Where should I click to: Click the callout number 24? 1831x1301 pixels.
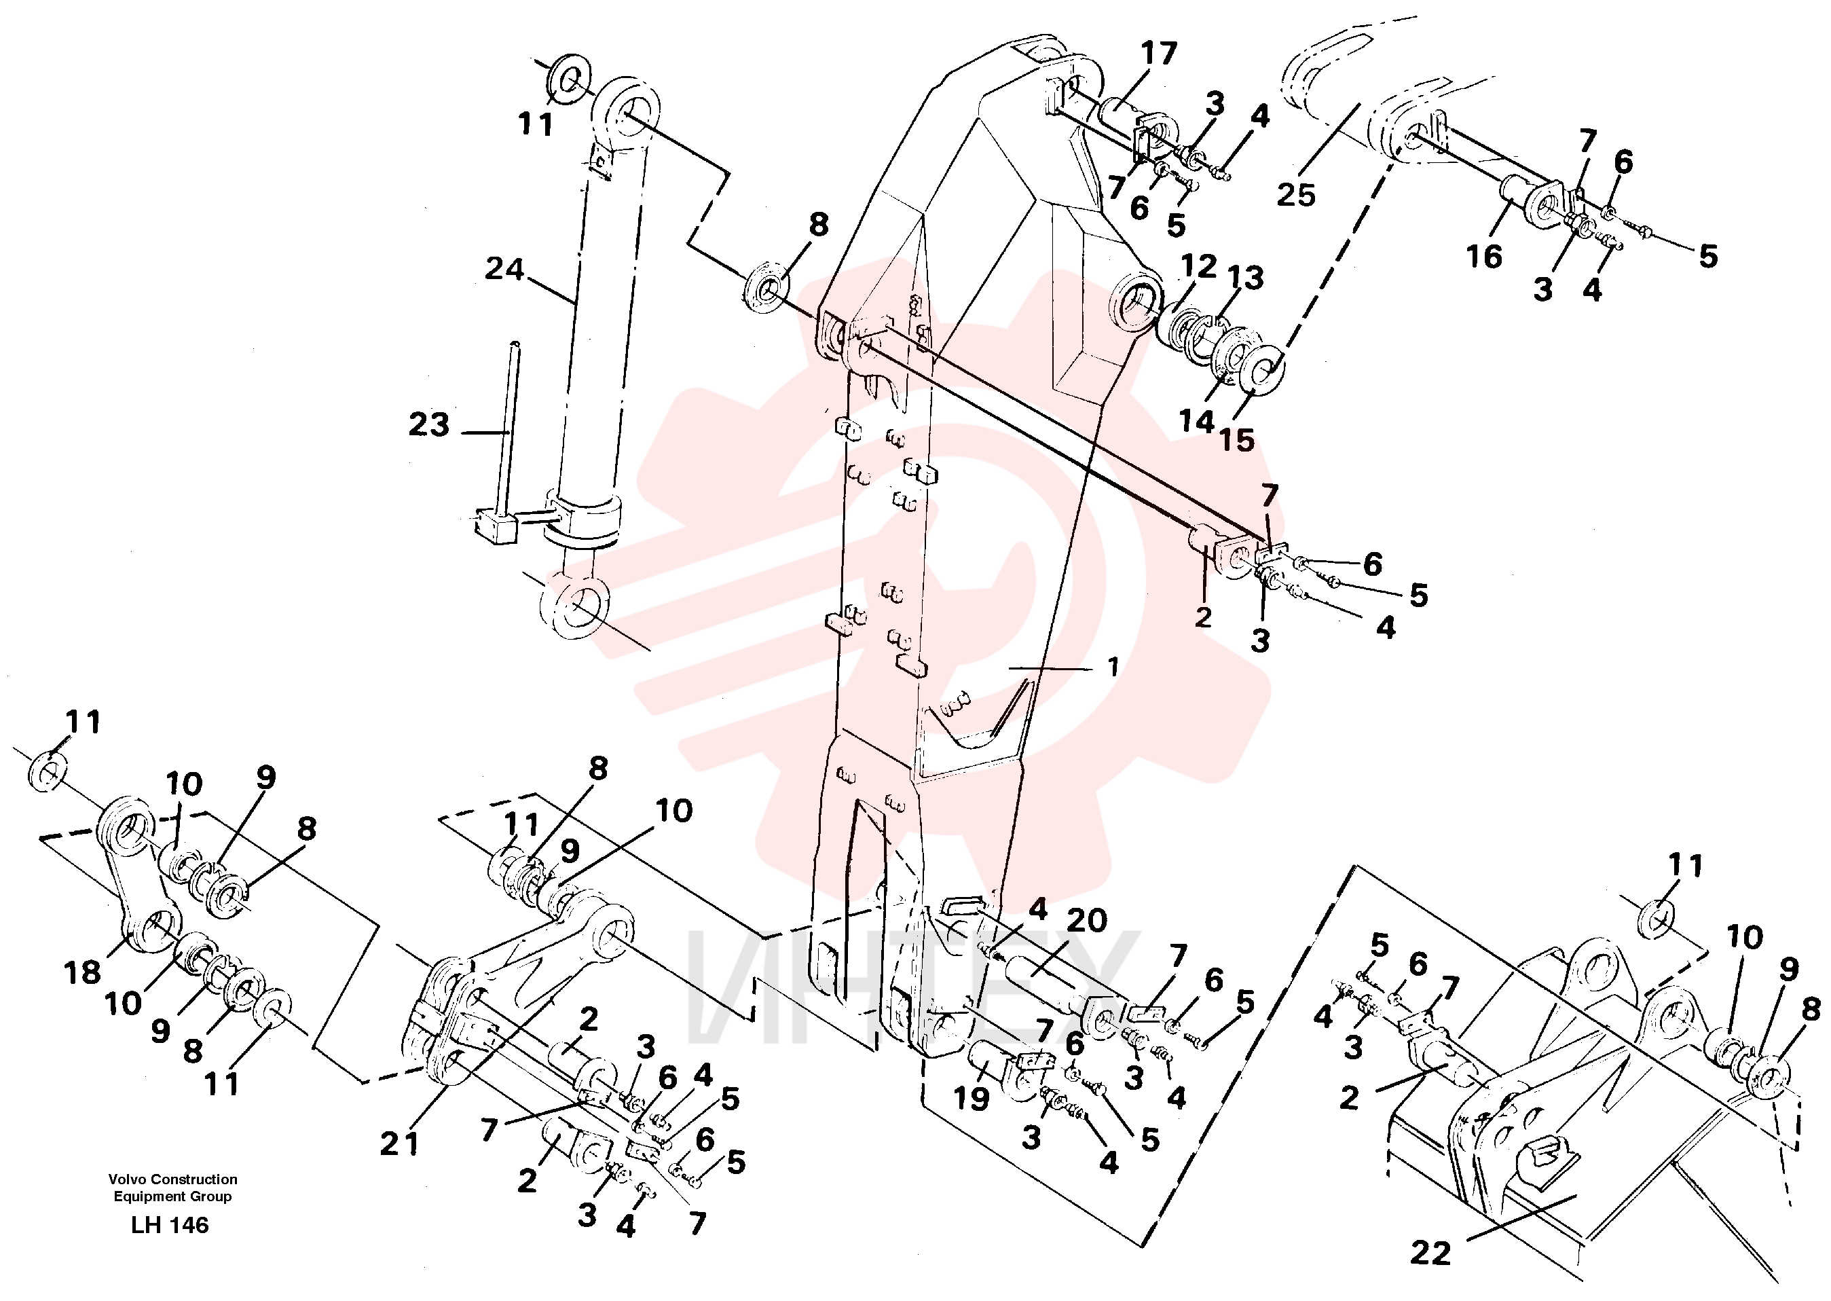[x=504, y=269]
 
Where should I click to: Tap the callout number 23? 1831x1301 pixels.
[x=429, y=424]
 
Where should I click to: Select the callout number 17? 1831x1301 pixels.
[x=1159, y=54]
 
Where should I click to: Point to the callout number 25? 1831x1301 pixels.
[x=1296, y=195]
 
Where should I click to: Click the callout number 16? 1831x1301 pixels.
[x=1483, y=257]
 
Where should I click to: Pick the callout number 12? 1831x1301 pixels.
[x=1198, y=267]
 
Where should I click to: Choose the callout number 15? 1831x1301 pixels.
[x=1237, y=440]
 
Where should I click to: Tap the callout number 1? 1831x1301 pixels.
[x=1113, y=667]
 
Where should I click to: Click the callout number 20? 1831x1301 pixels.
[x=1086, y=921]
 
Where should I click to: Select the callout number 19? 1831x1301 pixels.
[x=971, y=1099]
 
